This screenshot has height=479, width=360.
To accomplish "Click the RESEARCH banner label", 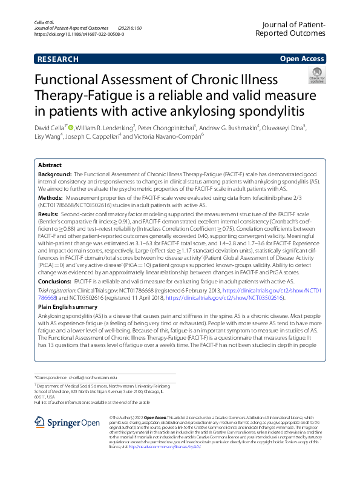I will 57,59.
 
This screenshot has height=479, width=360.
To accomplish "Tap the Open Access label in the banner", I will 302,59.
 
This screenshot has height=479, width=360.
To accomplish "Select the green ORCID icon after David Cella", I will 71,128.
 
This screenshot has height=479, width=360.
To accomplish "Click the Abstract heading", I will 50,165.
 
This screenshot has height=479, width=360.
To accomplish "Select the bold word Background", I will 54,174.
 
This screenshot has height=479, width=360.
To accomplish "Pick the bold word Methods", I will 50,197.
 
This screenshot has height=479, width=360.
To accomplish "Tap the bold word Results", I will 49,214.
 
